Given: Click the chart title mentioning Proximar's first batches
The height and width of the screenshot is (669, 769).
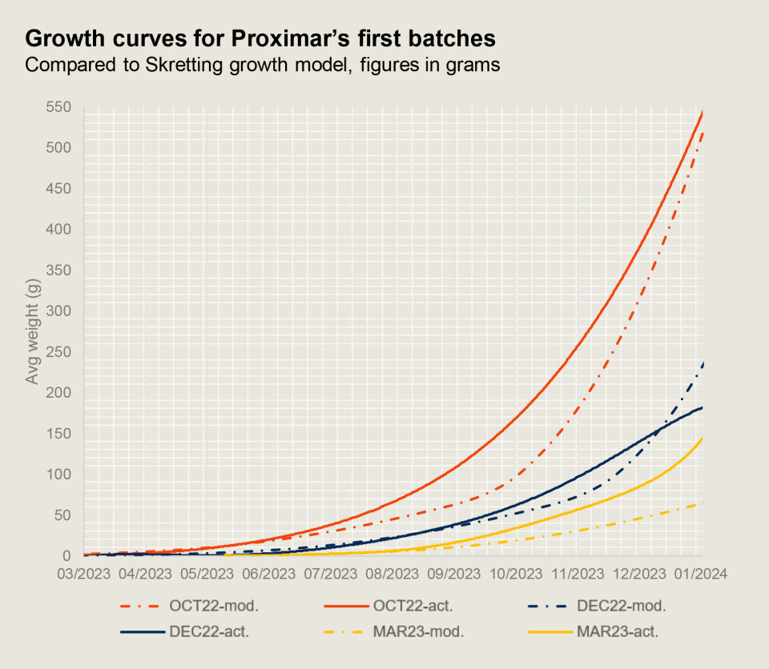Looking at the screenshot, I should [x=260, y=38].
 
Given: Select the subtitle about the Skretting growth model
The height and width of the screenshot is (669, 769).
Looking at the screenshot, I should [x=263, y=65].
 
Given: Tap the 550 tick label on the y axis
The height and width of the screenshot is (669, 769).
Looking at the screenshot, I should [x=58, y=107].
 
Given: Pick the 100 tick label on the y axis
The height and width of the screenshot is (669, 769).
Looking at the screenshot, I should [x=58, y=474].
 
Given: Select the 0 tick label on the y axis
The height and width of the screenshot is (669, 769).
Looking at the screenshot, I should [x=67, y=555].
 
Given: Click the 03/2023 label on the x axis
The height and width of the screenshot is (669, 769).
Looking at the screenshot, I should [x=84, y=574].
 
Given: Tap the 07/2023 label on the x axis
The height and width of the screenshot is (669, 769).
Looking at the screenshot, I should [x=331, y=574].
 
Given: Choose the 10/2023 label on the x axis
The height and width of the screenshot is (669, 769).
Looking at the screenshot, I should [x=515, y=574].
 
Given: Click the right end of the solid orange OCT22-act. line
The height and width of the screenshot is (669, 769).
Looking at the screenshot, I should [x=703, y=113].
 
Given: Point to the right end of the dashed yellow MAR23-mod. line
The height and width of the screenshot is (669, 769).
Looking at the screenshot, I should [x=703, y=502].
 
